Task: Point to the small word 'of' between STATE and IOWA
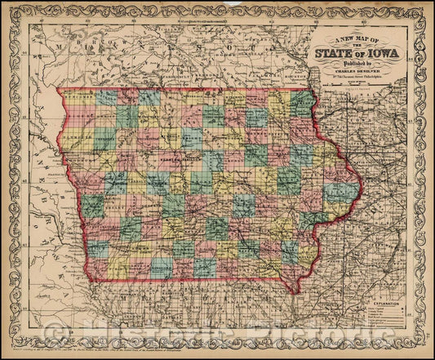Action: [365, 56]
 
